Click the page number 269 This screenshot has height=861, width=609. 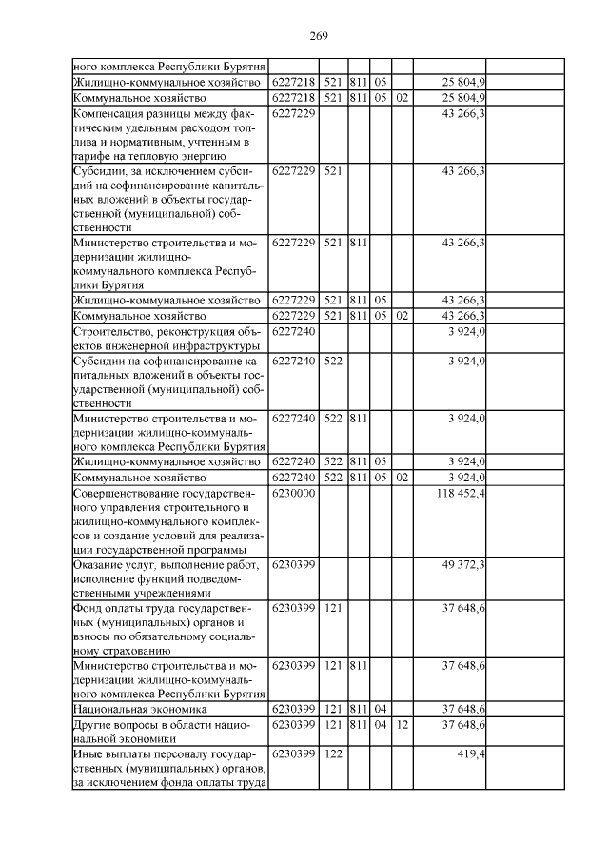click(319, 36)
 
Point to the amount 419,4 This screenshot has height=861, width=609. click(471, 753)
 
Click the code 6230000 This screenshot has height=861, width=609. click(293, 495)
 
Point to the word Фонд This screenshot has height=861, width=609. click(88, 609)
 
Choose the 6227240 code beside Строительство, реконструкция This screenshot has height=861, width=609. click(293, 331)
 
